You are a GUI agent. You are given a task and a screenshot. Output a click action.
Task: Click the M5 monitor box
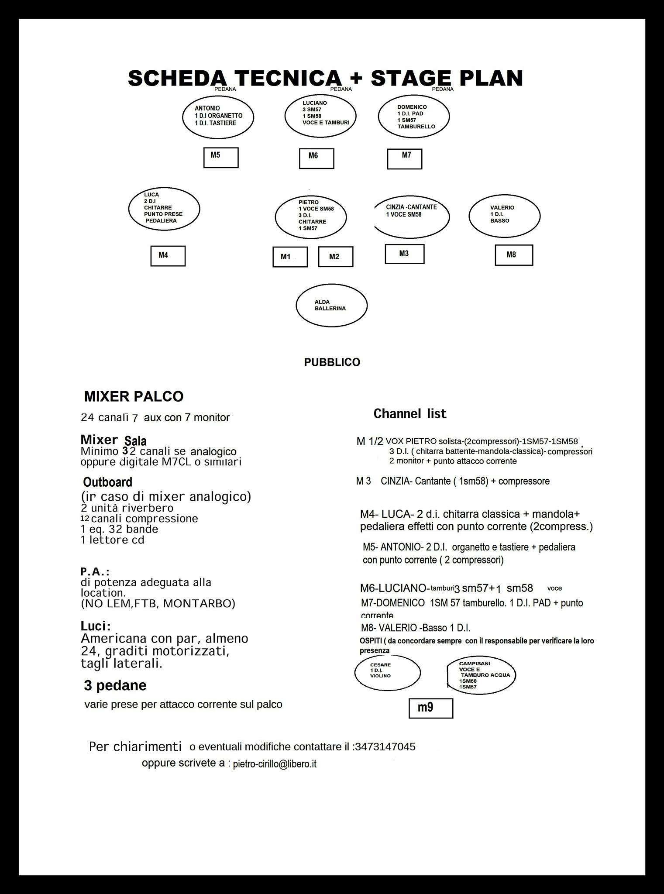coord(221,158)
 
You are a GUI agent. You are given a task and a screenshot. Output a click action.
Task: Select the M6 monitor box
coord(317,158)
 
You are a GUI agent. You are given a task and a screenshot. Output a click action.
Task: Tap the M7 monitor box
coord(405,158)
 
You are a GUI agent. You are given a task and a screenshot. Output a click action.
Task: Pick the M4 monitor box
coord(168,256)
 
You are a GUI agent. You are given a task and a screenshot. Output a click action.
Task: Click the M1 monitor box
coord(290,257)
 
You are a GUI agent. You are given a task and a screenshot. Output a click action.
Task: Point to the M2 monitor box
coord(335,257)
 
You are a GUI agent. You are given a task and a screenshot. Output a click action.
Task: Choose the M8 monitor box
coord(514,255)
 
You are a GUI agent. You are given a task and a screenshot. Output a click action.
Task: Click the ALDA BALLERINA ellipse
coord(332,305)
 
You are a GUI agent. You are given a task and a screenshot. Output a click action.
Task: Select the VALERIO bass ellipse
coord(505,216)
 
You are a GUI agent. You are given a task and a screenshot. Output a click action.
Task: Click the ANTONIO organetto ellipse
coord(218,117)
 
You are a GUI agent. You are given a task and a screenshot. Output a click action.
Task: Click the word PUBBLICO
coord(332,362)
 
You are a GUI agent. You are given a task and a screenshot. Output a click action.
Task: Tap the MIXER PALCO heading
coord(134,396)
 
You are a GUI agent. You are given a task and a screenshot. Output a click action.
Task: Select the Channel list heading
coord(410,414)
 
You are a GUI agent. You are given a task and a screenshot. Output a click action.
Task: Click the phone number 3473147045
coord(385,747)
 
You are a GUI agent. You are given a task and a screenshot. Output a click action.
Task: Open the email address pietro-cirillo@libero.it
coord(275,764)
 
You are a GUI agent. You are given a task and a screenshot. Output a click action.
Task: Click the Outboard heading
coord(108,482)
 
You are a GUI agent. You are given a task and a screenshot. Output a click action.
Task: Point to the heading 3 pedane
coord(115,685)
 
